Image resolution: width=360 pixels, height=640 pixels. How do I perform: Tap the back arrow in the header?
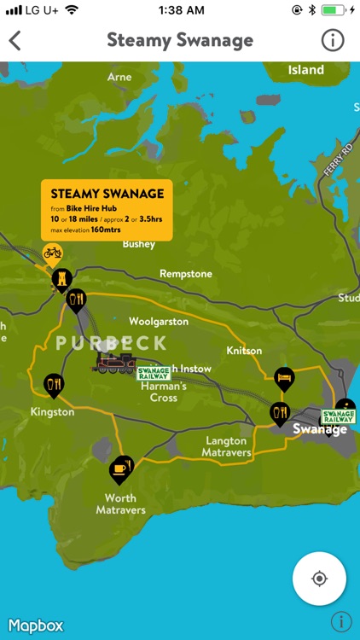click(15, 40)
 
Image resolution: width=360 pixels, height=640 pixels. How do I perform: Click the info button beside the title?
click(332, 40)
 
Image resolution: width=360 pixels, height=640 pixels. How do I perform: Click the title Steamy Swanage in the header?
click(180, 40)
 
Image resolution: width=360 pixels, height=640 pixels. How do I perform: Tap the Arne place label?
click(119, 77)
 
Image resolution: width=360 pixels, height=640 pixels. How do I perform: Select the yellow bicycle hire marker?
click(53, 253)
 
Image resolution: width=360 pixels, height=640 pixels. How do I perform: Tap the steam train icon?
click(117, 364)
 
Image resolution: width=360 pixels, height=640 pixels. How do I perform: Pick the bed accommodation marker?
click(284, 376)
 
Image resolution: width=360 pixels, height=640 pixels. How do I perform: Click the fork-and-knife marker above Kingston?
click(54, 385)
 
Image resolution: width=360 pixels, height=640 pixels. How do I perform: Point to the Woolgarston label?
click(158, 322)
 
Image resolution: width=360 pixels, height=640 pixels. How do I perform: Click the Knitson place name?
click(244, 351)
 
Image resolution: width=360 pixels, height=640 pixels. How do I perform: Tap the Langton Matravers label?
click(226, 446)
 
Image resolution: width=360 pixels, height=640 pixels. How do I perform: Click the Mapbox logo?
click(36, 625)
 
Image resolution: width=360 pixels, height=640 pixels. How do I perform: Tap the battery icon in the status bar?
click(334, 10)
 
